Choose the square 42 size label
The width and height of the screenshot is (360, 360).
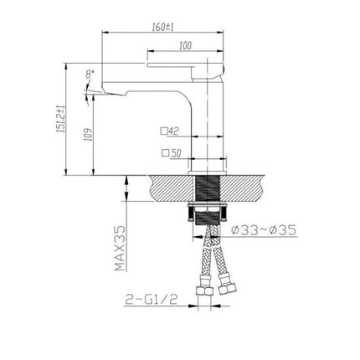click(171, 131)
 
